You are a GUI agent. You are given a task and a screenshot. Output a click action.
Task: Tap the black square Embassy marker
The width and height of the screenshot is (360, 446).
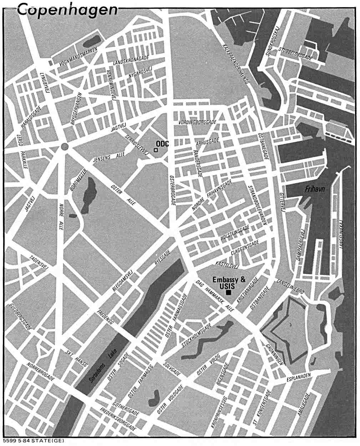click(228, 292)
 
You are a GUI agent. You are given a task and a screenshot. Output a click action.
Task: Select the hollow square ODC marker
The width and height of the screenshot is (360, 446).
click(156, 150)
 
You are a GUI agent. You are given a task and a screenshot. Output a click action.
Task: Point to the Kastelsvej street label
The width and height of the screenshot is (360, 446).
click(227, 265)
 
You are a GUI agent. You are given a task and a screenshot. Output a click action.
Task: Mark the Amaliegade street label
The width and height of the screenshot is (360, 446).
click(304, 406)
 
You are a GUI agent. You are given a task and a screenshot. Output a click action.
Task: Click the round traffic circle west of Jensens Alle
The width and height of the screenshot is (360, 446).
click(64, 146)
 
